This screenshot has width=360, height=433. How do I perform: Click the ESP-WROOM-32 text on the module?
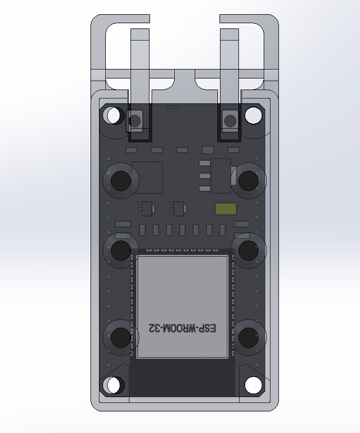click(x=183, y=328)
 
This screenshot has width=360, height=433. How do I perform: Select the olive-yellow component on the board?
click(x=226, y=209)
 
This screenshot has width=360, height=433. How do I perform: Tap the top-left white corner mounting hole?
click(x=113, y=115)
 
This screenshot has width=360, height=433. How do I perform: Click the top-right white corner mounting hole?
click(x=253, y=114)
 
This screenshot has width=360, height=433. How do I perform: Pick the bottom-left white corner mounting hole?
click(x=113, y=386)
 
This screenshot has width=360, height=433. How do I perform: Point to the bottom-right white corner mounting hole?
click(x=253, y=386)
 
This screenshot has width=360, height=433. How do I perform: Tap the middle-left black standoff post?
click(x=121, y=250)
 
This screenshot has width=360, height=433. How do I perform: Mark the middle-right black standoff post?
click(x=246, y=250)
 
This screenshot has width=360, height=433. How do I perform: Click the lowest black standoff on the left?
click(x=121, y=336)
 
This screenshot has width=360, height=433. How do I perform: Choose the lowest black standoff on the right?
click(x=246, y=336)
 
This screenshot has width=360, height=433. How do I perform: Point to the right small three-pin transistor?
click(x=178, y=209)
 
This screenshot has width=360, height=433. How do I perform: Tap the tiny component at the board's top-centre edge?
click(x=172, y=107)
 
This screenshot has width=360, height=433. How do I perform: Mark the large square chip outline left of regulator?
click(x=147, y=178)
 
